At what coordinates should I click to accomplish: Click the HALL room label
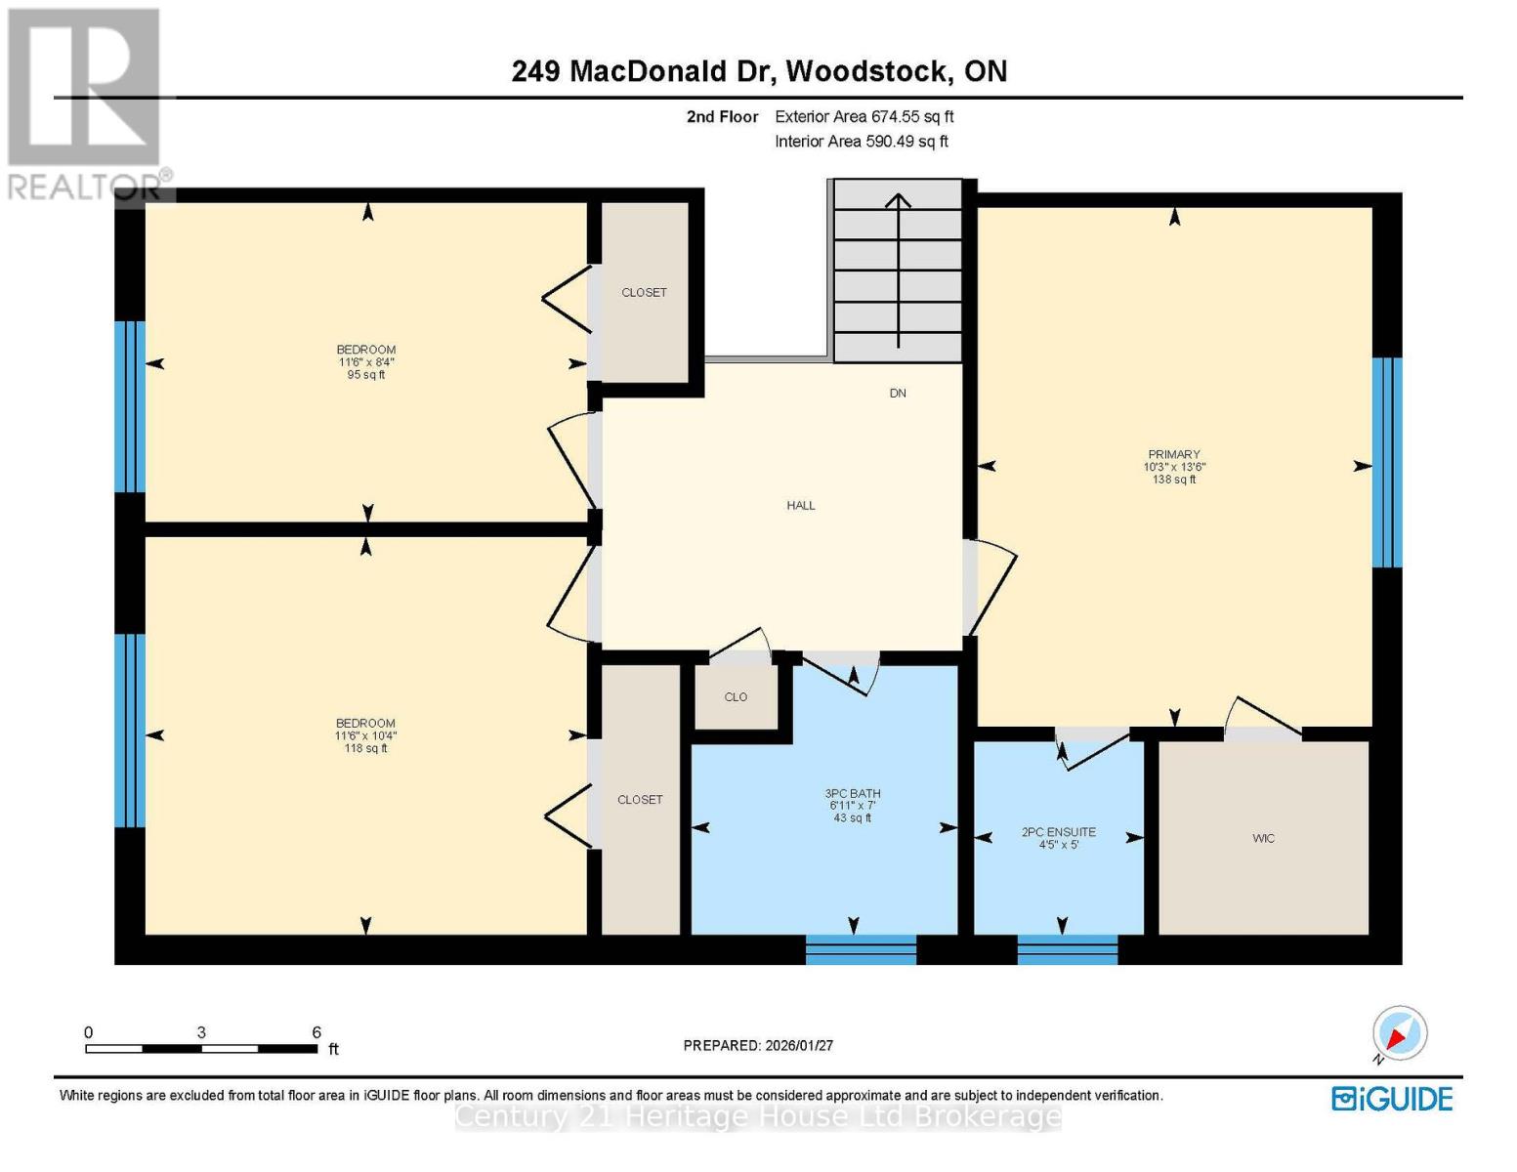[x=800, y=505]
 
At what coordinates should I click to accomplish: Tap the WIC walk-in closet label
[x=1262, y=838]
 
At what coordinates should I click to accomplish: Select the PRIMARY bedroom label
[x=1173, y=454]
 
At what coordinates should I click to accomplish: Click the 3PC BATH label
[x=852, y=794]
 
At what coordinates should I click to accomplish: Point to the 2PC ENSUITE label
[x=1058, y=832]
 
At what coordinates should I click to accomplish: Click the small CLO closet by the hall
[x=736, y=696]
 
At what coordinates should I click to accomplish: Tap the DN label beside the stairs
[x=897, y=393]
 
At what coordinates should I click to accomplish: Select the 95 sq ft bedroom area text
[x=365, y=375]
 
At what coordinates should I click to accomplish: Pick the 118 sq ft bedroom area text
[x=365, y=749]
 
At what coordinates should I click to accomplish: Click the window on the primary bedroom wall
[x=1386, y=462]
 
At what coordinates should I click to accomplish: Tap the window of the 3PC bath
[x=861, y=949]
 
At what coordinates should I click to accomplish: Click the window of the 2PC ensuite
[x=1067, y=949]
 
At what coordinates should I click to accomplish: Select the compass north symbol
[x=1399, y=1033]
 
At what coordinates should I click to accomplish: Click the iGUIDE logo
[x=1392, y=1099]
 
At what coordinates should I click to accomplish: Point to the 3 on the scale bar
[x=201, y=1032]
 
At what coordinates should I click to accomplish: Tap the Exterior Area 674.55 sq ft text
[x=864, y=116]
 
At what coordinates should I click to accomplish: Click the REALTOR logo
[x=86, y=103]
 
